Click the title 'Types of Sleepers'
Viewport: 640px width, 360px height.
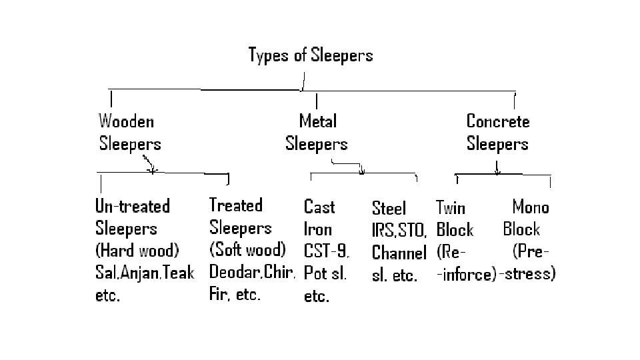(x=310, y=55)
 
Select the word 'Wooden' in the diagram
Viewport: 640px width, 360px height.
(x=127, y=121)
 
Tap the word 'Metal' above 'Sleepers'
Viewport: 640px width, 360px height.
(x=318, y=121)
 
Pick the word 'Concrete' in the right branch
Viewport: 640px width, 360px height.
(x=498, y=121)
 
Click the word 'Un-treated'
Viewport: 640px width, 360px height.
(x=133, y=206)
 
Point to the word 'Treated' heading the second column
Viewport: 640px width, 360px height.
(x=236, y=205)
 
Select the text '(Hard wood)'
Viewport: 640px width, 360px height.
(x=137, y=251)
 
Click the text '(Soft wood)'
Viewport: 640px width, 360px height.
(x=247, y=250)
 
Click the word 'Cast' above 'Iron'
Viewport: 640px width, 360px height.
(x=319, y=207)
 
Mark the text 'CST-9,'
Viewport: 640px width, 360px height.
(x=327, y=251)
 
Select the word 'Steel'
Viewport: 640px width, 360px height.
(x=389, y=208)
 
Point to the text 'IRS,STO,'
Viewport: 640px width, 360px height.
(x=399, y=231)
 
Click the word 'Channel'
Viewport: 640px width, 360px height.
(x=399, y=253)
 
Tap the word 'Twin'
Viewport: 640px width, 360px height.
(x=451, y=208)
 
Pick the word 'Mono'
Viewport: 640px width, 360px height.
(x=531, y=207)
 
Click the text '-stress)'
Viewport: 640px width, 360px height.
(x=527, y=273)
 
